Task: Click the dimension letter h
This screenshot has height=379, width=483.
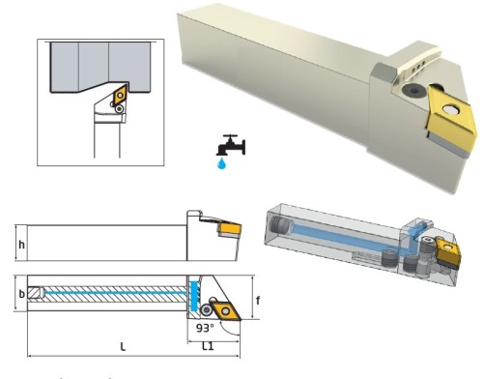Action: tap(22, 244)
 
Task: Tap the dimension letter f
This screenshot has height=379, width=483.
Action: tap(259, 300)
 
